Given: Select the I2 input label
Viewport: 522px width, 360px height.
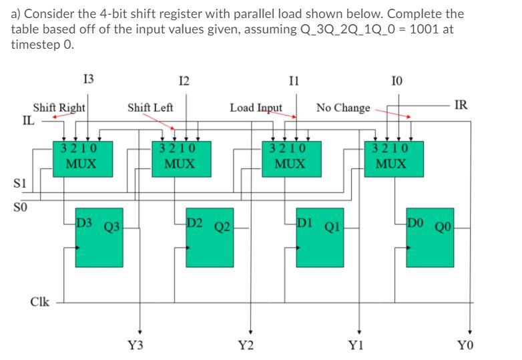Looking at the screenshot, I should pyautogui.click(x=184, y=81).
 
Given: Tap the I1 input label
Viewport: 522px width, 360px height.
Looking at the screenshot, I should pyautogui.click(x=294, y=81).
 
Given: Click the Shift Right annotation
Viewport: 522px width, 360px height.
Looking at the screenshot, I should pyautogui.click(x=59, y=108).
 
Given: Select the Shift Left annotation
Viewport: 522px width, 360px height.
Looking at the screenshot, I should pyautogui.click(x=150, y=108).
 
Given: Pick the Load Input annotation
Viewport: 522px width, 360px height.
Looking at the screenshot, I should pyautogui.click(x=256, y=108).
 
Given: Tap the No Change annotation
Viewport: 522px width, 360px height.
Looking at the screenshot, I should pyautogui.click(x=343, y=108).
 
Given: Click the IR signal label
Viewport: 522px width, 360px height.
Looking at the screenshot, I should pyautogui.click(x=461, y=105).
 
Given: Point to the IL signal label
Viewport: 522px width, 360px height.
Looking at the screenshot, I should pyautogui.click(x=28, y=121).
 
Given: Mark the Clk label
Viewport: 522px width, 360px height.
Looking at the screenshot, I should pyautogui.click(x=40, y=301).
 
